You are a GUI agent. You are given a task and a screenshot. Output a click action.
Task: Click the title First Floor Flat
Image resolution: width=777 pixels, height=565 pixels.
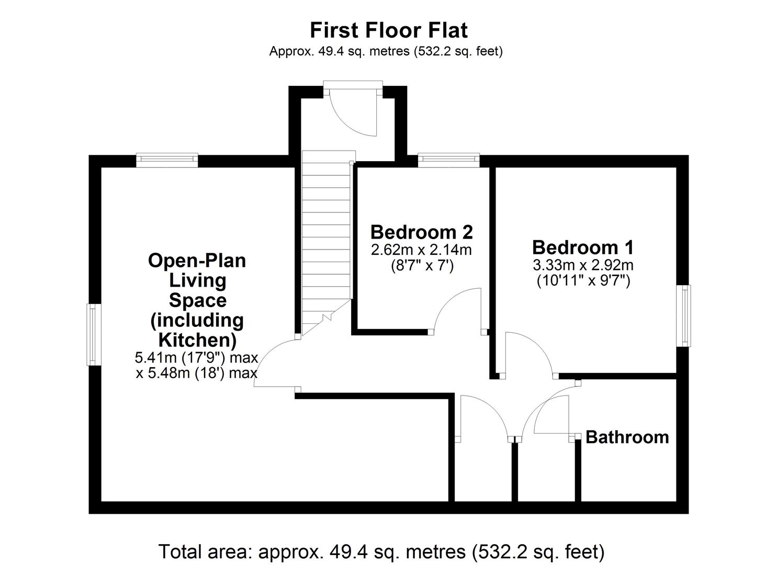(388, 30)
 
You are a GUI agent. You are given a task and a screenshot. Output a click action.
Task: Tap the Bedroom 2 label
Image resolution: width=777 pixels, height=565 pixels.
(422, 232)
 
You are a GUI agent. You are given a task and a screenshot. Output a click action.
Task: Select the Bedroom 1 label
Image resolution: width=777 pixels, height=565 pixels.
(583, 247)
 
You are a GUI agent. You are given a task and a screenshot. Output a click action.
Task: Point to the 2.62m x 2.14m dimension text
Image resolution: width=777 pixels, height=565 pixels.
(421, 250)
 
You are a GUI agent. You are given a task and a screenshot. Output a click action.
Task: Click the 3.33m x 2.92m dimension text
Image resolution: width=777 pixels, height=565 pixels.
(583, 265)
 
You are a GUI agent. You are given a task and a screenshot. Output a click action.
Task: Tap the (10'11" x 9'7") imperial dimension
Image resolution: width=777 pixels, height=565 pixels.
(583, 280)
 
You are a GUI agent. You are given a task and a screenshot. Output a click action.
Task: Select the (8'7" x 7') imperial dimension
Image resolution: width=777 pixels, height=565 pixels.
(422, 266)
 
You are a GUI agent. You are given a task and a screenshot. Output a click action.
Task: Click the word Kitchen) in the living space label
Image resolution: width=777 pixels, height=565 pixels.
(198, 340)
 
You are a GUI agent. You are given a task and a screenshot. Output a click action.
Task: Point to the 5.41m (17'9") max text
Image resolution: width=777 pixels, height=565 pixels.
(196, 357)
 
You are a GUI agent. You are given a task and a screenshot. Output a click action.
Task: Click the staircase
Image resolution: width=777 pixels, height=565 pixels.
(326, 239)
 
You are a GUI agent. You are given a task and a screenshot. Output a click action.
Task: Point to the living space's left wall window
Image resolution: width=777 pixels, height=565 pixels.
(94, 335)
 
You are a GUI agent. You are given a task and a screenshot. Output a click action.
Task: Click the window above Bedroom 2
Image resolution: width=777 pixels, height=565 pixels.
(448, 160)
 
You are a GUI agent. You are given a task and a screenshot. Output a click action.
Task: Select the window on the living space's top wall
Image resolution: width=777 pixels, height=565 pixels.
(167, 160)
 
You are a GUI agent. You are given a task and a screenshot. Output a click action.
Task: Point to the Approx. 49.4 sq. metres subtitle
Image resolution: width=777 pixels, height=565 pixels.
(386, 51)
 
